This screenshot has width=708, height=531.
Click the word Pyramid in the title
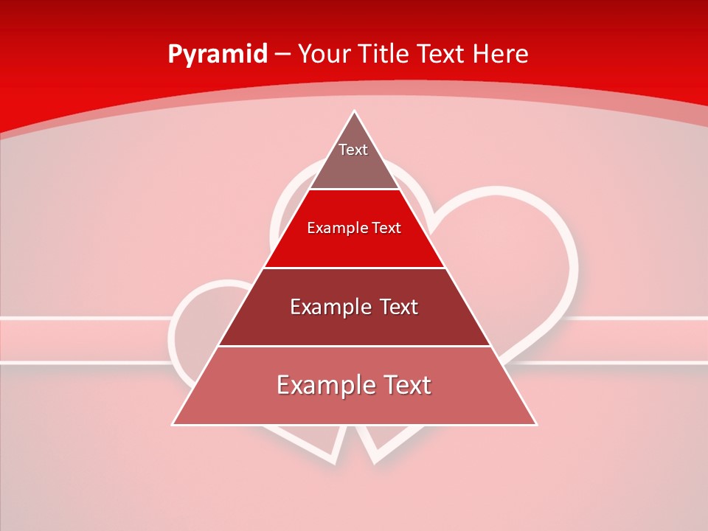click(218, 55)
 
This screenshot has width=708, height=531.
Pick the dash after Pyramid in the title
click(282, 55)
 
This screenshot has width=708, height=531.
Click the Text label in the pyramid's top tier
click(353, 150)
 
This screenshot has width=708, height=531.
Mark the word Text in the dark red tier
click(398, 308)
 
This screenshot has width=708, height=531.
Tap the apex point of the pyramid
click(354, 111)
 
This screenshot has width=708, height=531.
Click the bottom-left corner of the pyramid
click(173, 425)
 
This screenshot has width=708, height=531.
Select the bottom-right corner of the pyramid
click(536, 425)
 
